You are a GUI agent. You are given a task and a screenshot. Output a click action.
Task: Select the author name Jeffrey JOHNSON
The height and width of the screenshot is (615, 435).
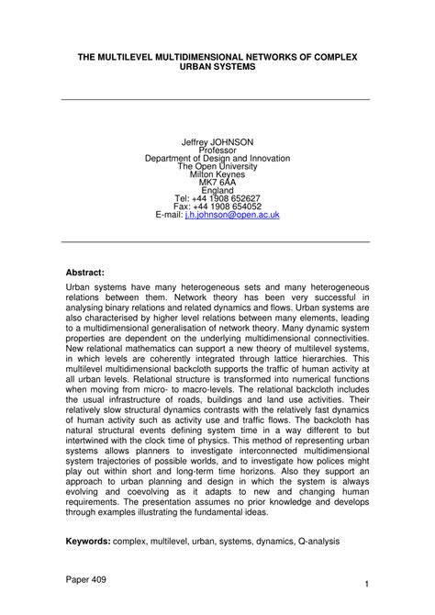pyautogui.click(x=217, y=143)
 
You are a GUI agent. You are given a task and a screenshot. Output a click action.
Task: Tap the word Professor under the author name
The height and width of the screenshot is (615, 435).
pyautogui.click(x=217, y=151)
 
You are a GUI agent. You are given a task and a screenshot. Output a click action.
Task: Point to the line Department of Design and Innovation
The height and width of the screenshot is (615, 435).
pyautogui.click(x=217, y=160)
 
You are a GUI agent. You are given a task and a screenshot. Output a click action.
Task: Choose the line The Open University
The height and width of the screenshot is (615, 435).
pyautogui.click(x=217, y=168)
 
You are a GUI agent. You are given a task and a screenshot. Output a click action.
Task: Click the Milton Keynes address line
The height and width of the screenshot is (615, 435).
pyautogui.click(x=217, y=176)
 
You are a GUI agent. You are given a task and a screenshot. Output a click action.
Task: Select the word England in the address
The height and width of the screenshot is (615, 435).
pyautogui.click(x=217, y=192)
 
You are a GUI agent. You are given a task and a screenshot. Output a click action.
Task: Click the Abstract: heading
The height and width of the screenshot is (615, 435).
pyautogui.click(x=85, y=273)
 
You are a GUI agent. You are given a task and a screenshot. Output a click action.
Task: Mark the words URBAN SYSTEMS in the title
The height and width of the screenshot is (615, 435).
pyautogui.click(x=217, y=68)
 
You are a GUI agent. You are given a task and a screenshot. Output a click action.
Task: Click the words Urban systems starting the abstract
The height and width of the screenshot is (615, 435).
pyautogui.click(x=95, y=286)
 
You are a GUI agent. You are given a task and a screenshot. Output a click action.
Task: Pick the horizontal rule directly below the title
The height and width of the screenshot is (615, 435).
pyautogui.click(x=217, y=100)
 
